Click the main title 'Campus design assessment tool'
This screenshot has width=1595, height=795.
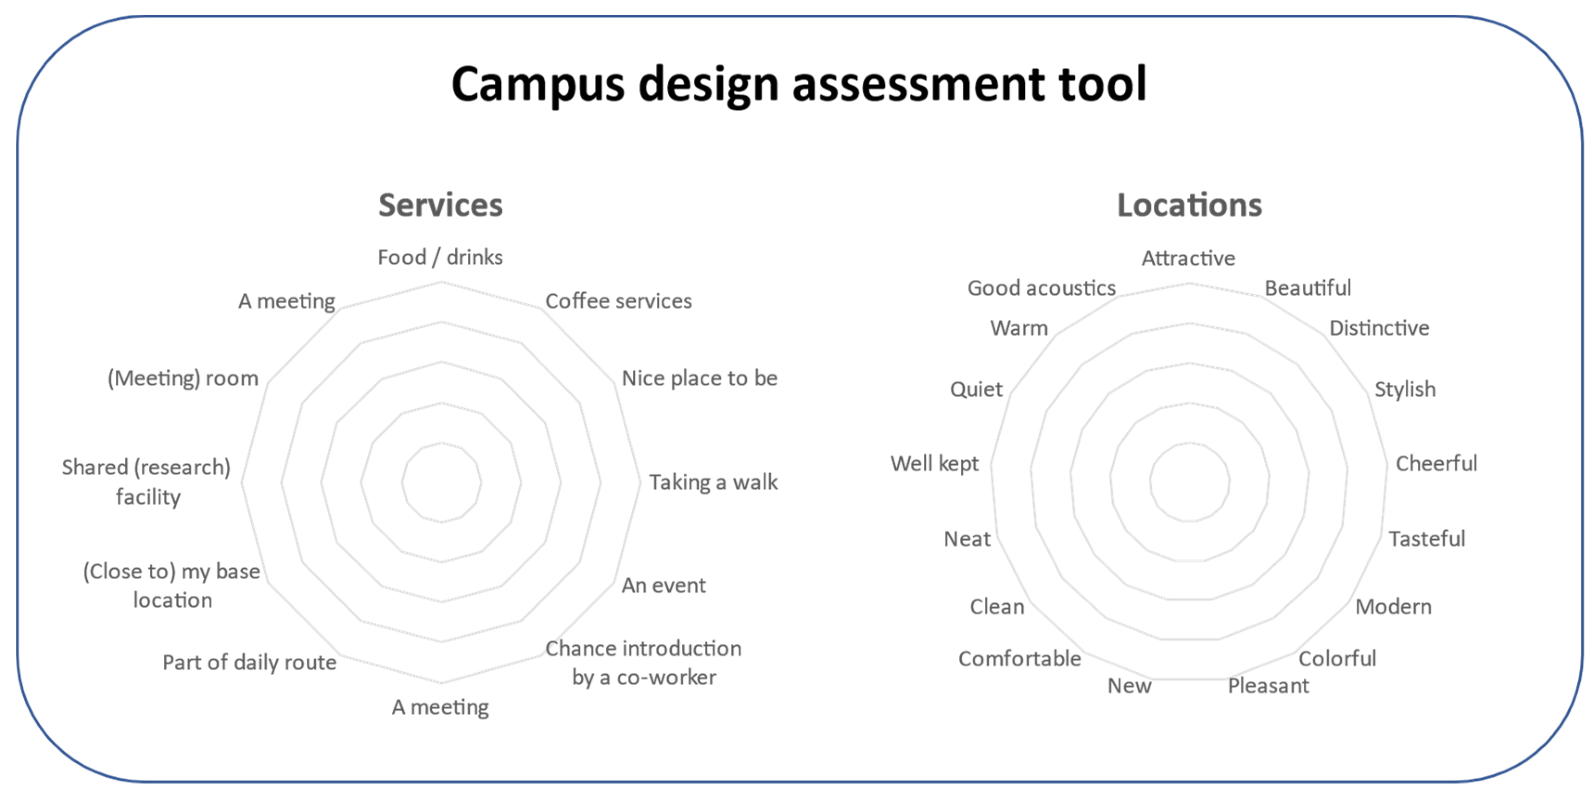(x=799, y=84)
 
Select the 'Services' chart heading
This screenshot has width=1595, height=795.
(x=440, y=205)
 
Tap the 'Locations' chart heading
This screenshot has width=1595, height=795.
(x=1189, y=205)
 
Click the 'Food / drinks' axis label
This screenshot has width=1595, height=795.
(x=440, y=257)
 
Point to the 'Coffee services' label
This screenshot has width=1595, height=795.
(x=618, y=301)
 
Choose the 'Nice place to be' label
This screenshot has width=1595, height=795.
(x=700, y=378)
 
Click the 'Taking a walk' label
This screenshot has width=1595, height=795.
(x=713, y=482)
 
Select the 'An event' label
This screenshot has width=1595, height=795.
(x=664, y=586)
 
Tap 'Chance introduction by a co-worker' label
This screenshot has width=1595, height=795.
(x=643, y=663)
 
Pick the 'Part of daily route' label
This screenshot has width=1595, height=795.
(x=250, y=662)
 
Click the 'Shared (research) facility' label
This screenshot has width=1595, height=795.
(x=147, y=482)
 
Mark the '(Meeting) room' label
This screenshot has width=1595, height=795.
(x=183, y=378)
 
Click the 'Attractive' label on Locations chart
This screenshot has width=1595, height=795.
(x=1188, y=258)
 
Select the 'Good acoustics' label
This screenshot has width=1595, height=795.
(x=1042, y=288)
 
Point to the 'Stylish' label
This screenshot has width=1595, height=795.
(x=1405, y=389)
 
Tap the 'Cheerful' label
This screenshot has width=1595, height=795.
(x=1436, y=463)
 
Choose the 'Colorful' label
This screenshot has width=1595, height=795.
(x=1337, y=658)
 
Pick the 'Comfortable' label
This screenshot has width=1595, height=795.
(x=1020, y=658)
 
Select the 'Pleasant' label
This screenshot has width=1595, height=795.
(x=1269, y=686)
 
